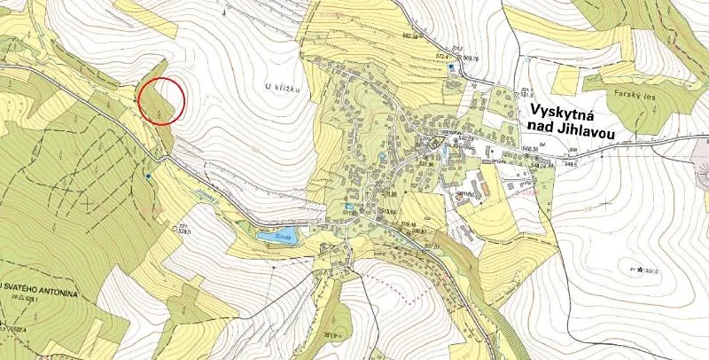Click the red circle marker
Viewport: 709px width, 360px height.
(x=161, y=101)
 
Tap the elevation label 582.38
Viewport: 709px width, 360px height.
(x=409, y=35)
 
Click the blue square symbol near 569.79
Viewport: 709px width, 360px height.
(x=451, y=67)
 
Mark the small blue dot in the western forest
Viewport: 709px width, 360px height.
(x=148, y=176)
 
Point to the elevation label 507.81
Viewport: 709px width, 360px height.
(x=432, y=246)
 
